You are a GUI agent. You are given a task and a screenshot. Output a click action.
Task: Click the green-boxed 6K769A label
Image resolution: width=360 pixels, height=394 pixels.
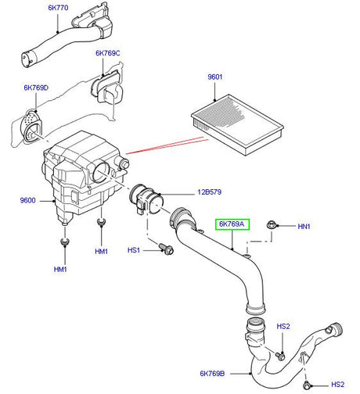[232, 225]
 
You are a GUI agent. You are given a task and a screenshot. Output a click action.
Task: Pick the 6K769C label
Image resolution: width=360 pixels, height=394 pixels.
[108, 54]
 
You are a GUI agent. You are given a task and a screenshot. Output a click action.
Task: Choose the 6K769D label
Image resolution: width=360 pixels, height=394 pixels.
[36, 88]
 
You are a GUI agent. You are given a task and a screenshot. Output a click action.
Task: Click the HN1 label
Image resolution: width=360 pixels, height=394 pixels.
[304, 227]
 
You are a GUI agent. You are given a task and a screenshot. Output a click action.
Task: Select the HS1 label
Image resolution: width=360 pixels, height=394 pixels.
[134, 250]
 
